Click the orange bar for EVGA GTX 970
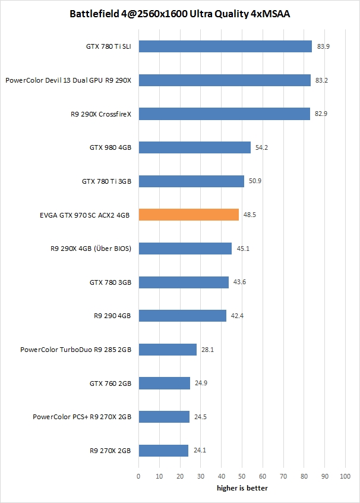189,215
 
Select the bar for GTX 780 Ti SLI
225,46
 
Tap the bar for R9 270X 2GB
163,451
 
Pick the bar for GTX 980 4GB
195,147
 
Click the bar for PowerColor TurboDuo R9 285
168,350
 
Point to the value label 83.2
321,80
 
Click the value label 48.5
250,215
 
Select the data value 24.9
201,383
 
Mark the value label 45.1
243,249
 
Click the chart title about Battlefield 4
180,12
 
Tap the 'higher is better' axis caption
242,488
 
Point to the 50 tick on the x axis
242,476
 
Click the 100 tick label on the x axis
345,476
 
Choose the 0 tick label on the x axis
138,476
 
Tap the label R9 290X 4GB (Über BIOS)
91,249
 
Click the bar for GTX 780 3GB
184,282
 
